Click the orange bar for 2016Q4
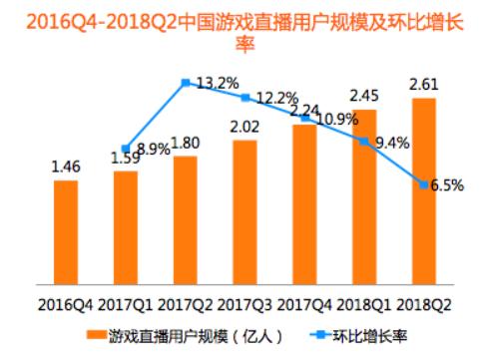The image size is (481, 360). (66, 231)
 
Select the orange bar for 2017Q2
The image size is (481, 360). (185, 219)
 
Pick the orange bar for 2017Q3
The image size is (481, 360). (244, 211)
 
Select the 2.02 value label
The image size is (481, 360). (244, 128)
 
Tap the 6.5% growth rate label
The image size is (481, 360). (446, 184)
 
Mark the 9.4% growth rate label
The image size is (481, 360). (389, 143)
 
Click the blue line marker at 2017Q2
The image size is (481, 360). (185, 84)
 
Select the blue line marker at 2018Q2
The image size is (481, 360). (423, 184)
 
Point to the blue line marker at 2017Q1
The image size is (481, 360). (126, 149)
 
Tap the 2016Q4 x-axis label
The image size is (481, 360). (66, 301)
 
